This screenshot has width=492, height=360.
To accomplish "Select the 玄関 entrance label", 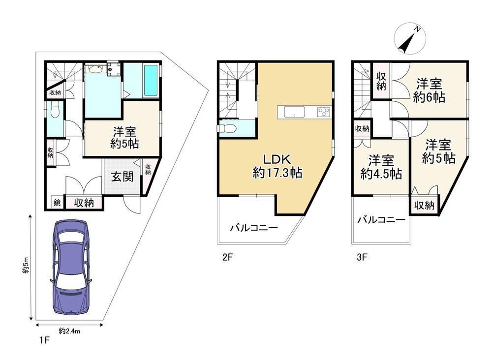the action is (123, 177).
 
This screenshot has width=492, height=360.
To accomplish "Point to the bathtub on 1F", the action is (151, 80).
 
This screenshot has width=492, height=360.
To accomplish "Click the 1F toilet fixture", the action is (55, 111).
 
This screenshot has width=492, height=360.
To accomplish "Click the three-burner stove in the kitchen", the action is (324, 112).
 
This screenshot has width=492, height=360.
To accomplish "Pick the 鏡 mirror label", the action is (57, 203).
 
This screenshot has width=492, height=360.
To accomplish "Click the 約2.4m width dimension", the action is (69, 331).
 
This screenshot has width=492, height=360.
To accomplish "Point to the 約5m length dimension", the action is (26, 266).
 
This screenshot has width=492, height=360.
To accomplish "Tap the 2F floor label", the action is (227, 257).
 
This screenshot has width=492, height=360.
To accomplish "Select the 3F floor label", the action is (362, 257).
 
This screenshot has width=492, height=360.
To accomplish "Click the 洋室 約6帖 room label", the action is (429, 90).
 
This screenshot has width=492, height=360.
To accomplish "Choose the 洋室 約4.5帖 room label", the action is (381, 167).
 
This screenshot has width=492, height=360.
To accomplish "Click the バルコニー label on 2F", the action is (254, 227).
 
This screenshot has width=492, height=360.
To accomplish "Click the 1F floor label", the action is (45, 340).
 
